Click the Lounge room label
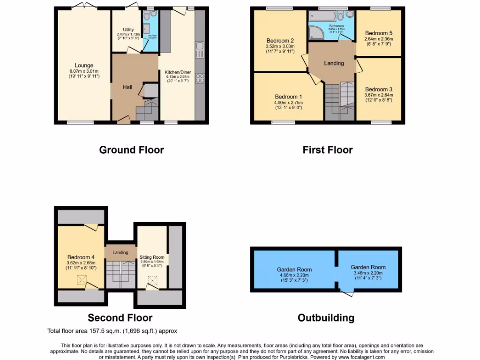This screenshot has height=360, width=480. click(84, 65)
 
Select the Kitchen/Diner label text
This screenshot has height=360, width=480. click(178, 72)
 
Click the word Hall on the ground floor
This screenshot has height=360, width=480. click(127, 87)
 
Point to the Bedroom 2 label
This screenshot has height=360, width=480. click(280, 40)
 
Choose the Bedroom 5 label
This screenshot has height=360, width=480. click(378, 33)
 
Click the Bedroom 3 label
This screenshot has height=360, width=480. click(378, 89)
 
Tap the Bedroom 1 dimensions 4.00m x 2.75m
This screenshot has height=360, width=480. click(289, 103)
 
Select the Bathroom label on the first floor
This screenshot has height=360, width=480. click(336, 26)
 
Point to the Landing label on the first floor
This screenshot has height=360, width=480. click(334, 63)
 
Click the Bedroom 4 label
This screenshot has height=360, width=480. click(81, 257)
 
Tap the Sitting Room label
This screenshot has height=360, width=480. click(152, 257)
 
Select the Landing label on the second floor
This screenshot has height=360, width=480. click(120, 253)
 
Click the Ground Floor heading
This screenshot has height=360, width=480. click(131, 150)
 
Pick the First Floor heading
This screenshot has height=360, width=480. click(327, 150)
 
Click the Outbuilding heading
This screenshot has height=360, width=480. click(326, 318)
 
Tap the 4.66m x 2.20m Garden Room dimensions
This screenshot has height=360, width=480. click(294, 275)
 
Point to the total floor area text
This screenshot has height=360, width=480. click(112, 331)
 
